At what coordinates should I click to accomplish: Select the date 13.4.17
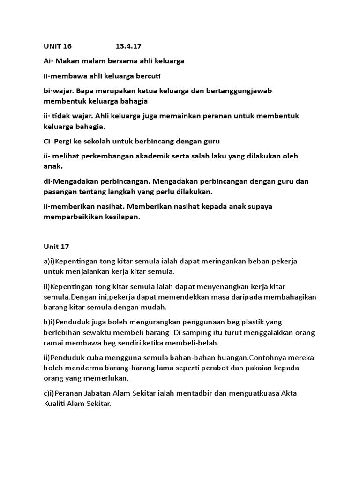tap(128, 46)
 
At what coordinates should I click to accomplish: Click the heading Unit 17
tap(56, 246)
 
